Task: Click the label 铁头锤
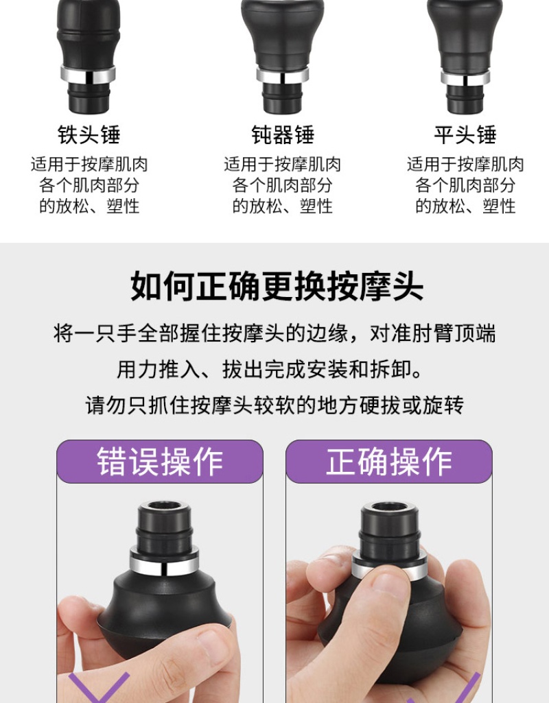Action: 89,134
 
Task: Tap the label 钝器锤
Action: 283,134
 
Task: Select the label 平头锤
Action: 465,134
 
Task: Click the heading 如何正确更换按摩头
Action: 277,285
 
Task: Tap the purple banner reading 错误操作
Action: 160,462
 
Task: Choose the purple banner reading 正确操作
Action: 389,462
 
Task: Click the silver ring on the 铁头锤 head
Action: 88,75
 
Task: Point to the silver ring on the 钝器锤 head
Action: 283,75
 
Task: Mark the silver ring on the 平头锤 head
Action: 465,78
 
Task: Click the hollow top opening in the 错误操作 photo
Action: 164,505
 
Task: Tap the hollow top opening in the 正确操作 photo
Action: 389,507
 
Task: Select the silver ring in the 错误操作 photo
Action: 164,560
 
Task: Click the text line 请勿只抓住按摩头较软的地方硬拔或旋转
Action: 274,405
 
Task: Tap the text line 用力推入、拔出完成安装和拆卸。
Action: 271,369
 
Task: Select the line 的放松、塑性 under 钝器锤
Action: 283,206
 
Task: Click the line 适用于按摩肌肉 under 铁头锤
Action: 89,165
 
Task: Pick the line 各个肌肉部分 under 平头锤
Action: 465,185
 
